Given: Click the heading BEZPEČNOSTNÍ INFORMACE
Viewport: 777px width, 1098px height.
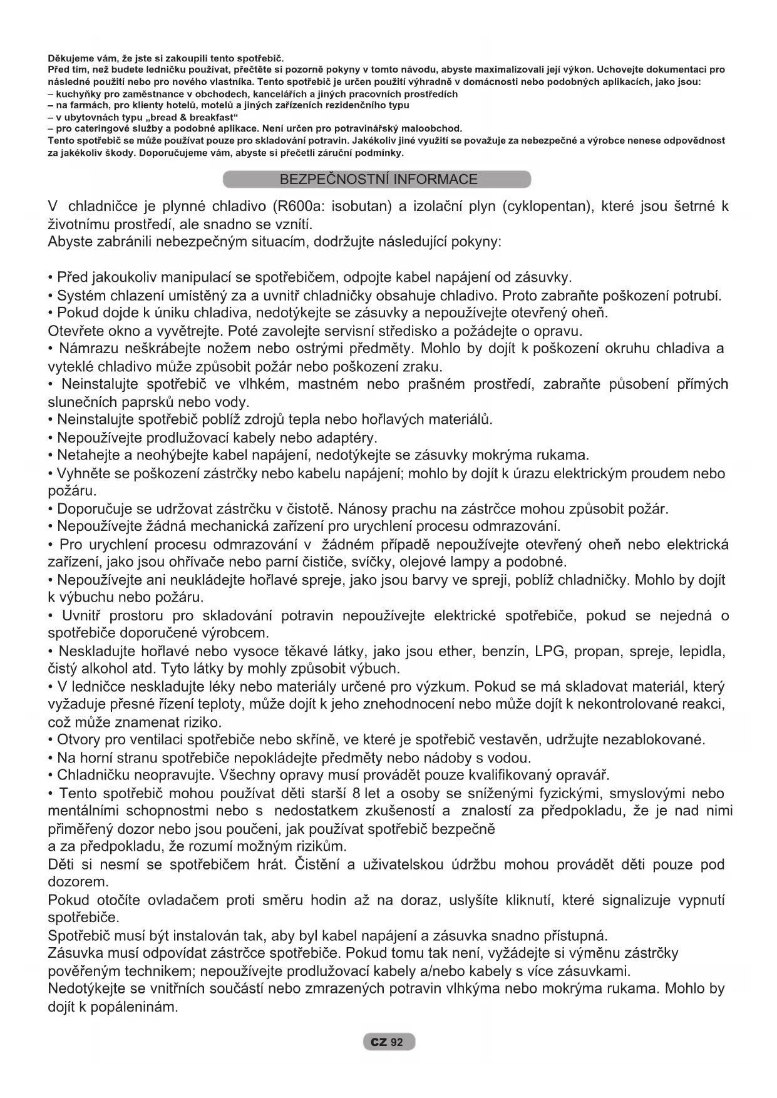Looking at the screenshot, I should pos(378,180).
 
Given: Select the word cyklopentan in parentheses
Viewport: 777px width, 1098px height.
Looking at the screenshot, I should pos(547,207).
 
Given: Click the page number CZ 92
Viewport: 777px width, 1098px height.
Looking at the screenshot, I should pos(388,1042).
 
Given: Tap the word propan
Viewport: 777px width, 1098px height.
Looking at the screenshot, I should pos(599,652).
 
